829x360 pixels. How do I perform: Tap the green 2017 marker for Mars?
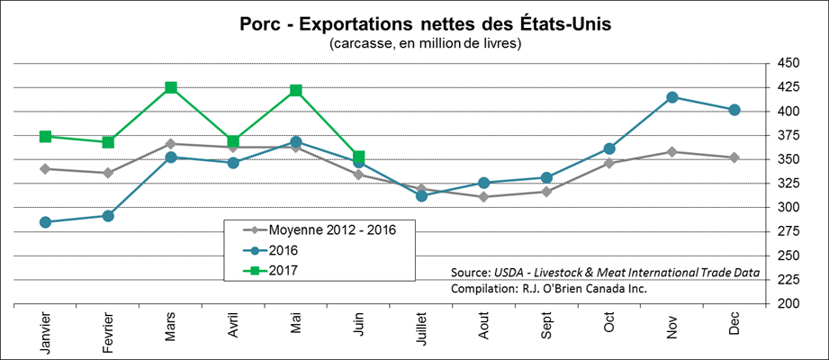click(171, 87)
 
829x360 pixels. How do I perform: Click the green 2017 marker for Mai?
click(296, 90)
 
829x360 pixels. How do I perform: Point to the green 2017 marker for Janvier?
click(46, 137)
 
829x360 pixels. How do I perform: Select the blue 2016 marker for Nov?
click(671, 97)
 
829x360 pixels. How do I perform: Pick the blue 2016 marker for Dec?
click(734, 110)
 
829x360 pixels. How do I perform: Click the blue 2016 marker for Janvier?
click(46, 222)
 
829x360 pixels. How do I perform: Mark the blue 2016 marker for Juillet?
click(421, 195)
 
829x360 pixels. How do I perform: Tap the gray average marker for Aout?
click(484, 196)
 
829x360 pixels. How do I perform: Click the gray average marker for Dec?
click(734, 157)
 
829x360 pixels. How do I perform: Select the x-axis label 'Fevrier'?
click(108, 330)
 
